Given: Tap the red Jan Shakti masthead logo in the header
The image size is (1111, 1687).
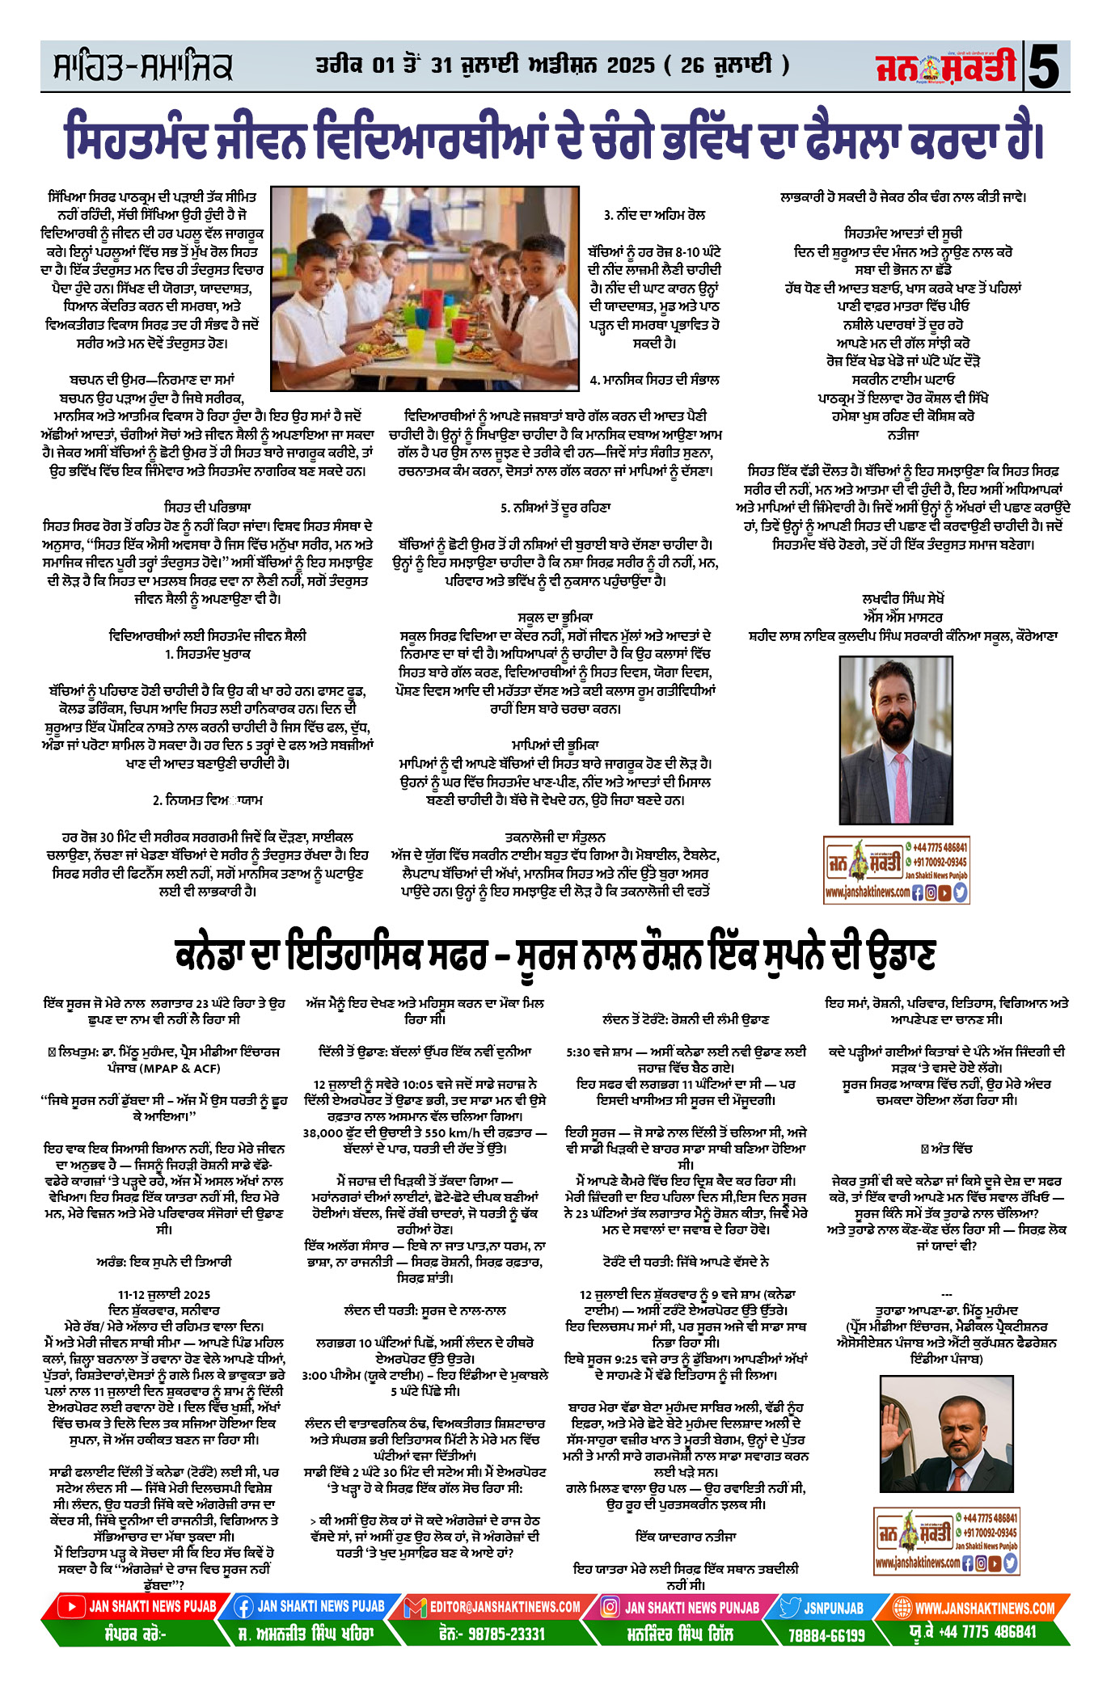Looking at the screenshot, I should click(x=945, y=68).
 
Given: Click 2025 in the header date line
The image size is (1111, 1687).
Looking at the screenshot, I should click(x=630, y=65).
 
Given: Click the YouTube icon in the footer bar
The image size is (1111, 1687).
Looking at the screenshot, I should click(x=70, y=1606).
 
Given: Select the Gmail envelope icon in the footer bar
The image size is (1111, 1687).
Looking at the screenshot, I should click(x=416, y=1607).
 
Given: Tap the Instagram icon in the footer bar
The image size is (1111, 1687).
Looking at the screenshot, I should click(x=610, y=1607).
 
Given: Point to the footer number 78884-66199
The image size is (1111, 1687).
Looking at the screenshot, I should click(x=826, y=1635).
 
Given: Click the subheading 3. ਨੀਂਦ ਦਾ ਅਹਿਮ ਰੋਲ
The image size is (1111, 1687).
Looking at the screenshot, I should click(x=654, y=215).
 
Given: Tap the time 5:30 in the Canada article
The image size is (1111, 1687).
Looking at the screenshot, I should click(x=581, y=1052).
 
